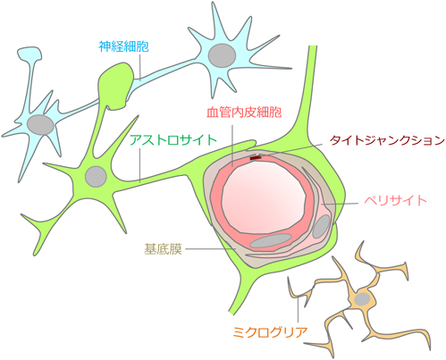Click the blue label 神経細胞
pyautogui.click(x=123, y=46)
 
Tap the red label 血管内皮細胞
pyautogui.click(x=244, y=113)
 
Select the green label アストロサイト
pyautogui.click(x=173, y=140)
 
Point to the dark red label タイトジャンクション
pyautogui.click(x=387, y=140)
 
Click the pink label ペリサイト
pyautogui.click(x=396, y=201)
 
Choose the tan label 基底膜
pyautogui.click(x=163, y=249)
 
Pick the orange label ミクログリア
pyautogui.click(x=270, y=332)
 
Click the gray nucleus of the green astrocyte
pyautogui.click(x=96, y=177)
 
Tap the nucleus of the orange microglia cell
pyautogui.click(x=362, y=299)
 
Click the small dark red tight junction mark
pyautogui.click(x=255, y=158)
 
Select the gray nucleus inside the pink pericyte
pyautogui.click(x=321, y=226)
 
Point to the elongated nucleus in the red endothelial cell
pyautogui.click(x=271, y=240)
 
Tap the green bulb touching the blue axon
pyautogui.click(x=116, y=86)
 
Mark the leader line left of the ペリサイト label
pyautogui.click(x=340, y=204)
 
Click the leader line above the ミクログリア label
pyautogui.click(x=298, y=311)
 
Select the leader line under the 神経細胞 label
pyautogui.click(x=139, y=67)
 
